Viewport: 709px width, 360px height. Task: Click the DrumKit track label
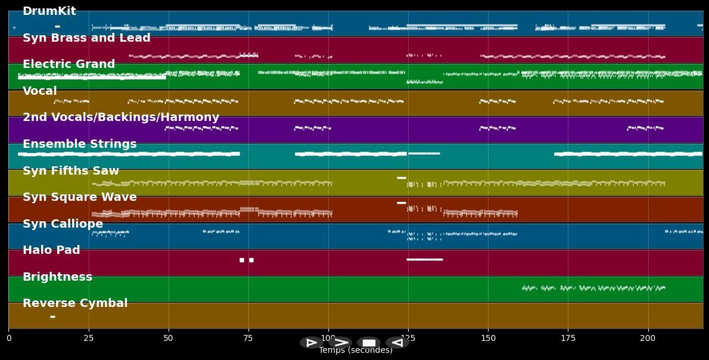[x=49, y=11]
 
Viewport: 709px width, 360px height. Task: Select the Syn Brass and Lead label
[x=86, y=38]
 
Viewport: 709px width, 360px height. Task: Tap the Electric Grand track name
[x=69, y=64]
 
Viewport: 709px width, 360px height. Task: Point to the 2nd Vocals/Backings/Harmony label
[x=121, y=117]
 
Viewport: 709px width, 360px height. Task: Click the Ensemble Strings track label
[x=80, y=144]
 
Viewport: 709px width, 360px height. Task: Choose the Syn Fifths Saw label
[x=71, y=171]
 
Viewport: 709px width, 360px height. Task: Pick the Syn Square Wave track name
[x=80, y=197]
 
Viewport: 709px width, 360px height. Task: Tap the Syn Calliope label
[x=63, y=224]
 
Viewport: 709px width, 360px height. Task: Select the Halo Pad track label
[x=51, y=250]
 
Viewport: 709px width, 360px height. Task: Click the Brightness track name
[x=57, y=277]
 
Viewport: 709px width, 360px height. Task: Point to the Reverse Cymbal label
[x=75, y=303]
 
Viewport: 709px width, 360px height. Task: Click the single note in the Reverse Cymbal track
[x=52, y=316]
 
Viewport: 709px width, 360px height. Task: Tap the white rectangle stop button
[x=369, y=343]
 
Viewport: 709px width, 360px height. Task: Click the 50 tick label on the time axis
[x=168, y=339]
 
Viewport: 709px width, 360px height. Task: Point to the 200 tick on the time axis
[x=648, y=339]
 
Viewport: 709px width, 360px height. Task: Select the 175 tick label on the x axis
[x=568, y=339]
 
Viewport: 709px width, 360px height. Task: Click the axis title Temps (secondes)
[x=356, y=350]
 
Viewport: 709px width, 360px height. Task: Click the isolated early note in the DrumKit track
[x=57, y=26]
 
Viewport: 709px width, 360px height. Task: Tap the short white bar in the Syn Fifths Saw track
[x=401, y=178]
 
